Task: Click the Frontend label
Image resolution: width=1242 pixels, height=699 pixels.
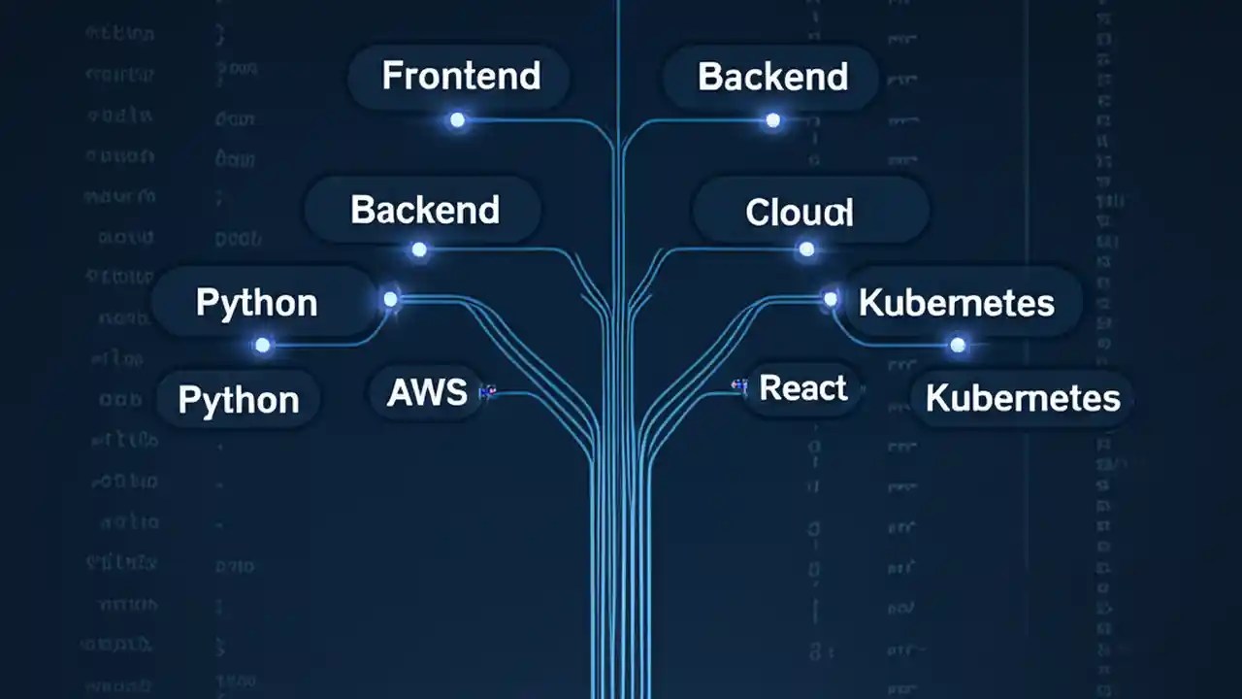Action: (x=460, y=77)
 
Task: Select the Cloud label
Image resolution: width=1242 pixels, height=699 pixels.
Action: (x=800, y=212)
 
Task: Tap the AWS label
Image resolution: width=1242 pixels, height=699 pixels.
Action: (x=427, y=392)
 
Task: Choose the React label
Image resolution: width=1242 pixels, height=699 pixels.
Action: (x=803, y=388)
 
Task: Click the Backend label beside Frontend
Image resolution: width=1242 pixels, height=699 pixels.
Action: (x=772, y=77)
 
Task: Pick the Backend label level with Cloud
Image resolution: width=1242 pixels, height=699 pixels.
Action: (x=424, y=210)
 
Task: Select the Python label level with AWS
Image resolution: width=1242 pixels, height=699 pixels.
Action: (x=239, y=400)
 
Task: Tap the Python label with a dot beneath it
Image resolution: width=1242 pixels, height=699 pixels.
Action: (x=256, y=303)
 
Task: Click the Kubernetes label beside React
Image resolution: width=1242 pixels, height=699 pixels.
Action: (x=1023, y=398)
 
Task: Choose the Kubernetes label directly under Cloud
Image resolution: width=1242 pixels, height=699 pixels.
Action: (x=956, y=303)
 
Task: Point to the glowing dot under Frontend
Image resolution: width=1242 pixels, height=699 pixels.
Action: (x=457, y=120)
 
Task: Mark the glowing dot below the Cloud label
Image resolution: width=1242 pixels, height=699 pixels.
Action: (x=806, y=250)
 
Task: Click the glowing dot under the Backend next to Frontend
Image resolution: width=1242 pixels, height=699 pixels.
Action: (x=772, y=120)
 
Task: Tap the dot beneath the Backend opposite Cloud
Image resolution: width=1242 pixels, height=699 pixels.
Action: (x=419, y=250)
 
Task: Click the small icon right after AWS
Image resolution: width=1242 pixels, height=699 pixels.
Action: (x=488, y=392)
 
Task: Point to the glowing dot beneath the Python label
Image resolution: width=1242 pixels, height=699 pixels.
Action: (x=262, y=345)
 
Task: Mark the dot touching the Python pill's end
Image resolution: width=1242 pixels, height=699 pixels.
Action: (x=390, y=299)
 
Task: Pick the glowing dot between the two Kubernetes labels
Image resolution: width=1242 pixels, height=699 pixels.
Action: (x=958, y=345)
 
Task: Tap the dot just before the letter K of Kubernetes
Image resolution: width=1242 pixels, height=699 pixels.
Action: (x=831, y=298)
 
